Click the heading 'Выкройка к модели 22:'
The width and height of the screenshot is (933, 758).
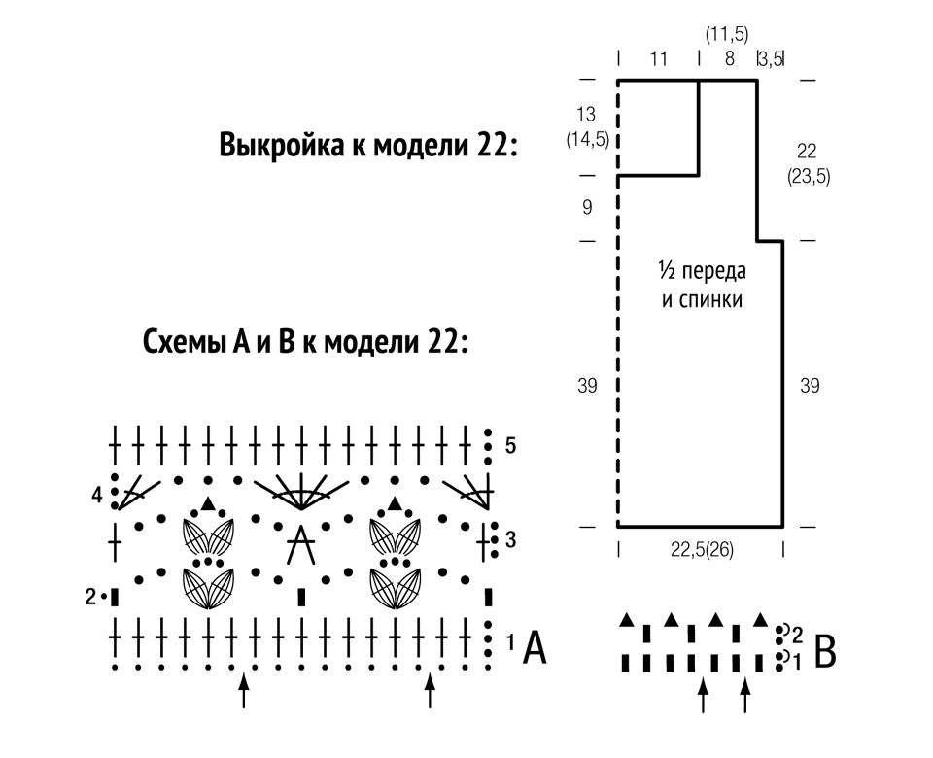368,145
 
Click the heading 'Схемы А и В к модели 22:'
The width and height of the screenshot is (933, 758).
305,342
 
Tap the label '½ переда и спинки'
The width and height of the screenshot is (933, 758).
702,285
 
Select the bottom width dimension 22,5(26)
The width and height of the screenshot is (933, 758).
702,550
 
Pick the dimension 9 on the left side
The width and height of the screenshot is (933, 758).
587,207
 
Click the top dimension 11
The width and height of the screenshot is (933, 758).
659,59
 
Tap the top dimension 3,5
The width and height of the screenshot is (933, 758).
771,59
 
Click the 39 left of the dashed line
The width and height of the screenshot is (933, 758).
587,386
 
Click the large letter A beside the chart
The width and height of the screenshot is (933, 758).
535,648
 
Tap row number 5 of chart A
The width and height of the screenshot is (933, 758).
510,445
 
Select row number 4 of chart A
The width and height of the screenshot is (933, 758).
97,495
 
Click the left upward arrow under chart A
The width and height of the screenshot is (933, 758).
243,690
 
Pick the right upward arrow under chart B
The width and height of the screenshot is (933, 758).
745,695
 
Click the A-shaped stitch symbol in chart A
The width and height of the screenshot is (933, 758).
301,544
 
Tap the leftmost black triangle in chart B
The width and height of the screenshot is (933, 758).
626,620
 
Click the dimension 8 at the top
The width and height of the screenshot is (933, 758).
730,59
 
